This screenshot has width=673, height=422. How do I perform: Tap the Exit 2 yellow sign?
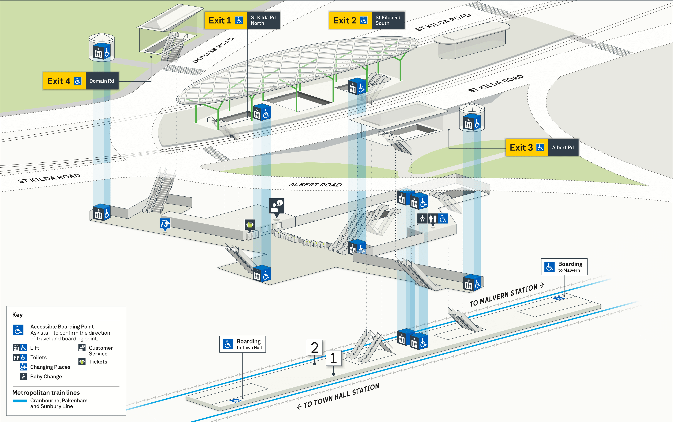click(350, 20)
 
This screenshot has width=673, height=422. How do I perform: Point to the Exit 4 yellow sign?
click(64, 81)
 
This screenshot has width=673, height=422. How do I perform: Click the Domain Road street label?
click(213, 50)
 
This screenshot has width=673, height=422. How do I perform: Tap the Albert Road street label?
click(315, 185)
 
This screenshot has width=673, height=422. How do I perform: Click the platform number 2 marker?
click(315, 348)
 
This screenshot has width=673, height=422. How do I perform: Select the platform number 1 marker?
click(333, 358)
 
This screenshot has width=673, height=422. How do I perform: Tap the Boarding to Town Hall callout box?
click(243, 344)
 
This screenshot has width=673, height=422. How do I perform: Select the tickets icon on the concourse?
click(250, 224)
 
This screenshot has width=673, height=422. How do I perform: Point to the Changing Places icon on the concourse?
click(165, 223)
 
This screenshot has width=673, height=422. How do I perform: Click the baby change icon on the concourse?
click(422, 218)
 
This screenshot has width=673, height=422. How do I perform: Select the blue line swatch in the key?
click(20, 401)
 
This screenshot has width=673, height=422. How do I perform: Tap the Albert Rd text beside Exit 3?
click(563, 147)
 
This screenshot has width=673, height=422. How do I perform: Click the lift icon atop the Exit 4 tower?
click(98, 52)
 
